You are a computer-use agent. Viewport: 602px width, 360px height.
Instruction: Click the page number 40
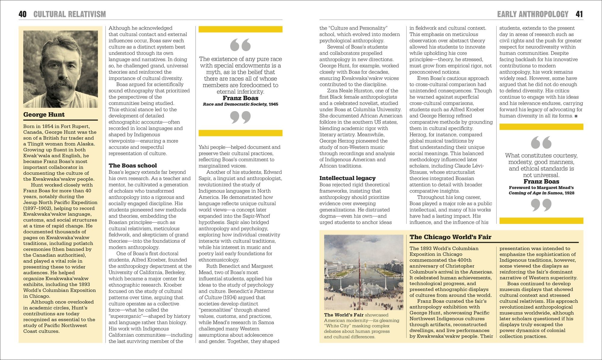click(23, 14)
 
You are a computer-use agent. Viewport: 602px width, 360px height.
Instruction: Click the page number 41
click(579, 14)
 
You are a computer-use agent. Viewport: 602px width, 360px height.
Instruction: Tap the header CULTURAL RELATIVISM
click(70, 14)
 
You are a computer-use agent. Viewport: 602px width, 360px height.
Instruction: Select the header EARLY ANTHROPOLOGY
click(532, 14)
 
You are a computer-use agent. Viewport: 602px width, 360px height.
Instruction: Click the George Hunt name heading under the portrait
click(44, 114)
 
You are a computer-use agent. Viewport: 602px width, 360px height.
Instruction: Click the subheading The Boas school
click(133, 166)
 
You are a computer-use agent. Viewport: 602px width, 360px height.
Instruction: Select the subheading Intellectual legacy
click(347, 178)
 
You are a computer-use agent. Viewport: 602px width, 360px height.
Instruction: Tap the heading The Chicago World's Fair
click(450, 237)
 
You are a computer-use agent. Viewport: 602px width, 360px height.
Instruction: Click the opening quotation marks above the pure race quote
click(240, 45)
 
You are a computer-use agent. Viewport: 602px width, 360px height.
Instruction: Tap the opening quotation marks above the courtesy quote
click(541, 142)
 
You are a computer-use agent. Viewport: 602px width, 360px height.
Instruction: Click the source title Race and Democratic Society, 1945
click(240, 104)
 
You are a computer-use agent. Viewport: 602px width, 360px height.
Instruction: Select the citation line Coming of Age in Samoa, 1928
click(541, 193)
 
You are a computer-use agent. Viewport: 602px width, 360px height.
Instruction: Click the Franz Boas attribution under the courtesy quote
click(541, 182)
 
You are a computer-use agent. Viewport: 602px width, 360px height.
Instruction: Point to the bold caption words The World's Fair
click(344, 315)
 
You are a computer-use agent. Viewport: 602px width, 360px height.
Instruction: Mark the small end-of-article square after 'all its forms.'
click(576, 116)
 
